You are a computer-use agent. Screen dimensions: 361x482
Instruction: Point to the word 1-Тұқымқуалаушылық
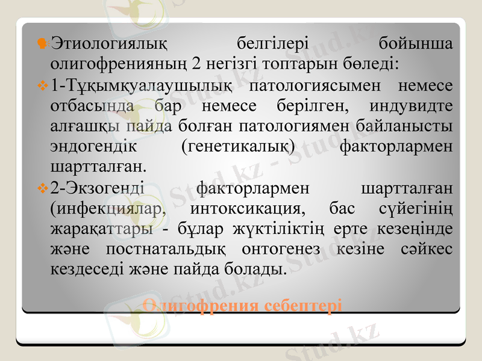[x=141, y=87]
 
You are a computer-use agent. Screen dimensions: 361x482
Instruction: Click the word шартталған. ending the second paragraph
[x=99, y=164]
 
